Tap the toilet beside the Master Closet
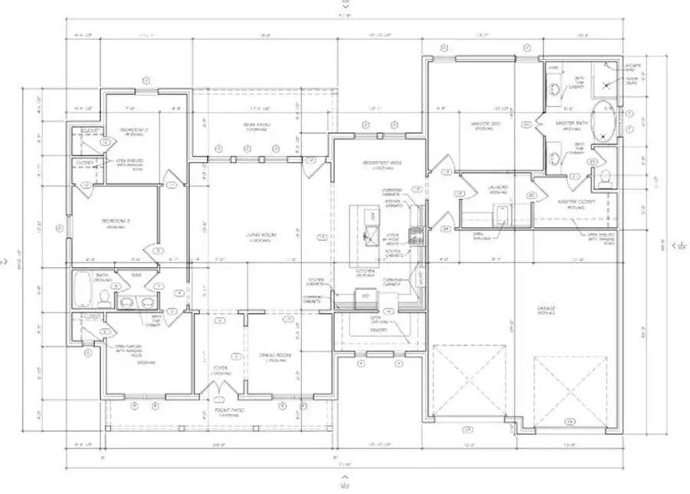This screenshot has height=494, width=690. (x=603, y=179)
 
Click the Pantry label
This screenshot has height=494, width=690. (x=377, y=329)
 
